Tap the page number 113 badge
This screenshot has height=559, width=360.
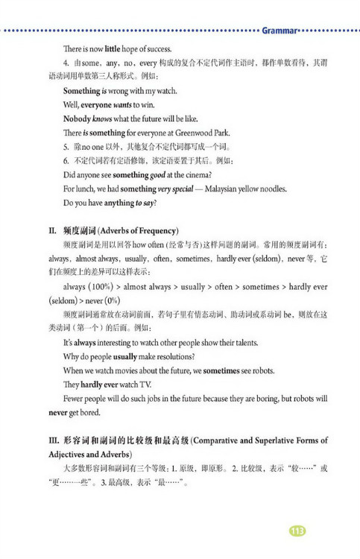[x=297, y=531]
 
